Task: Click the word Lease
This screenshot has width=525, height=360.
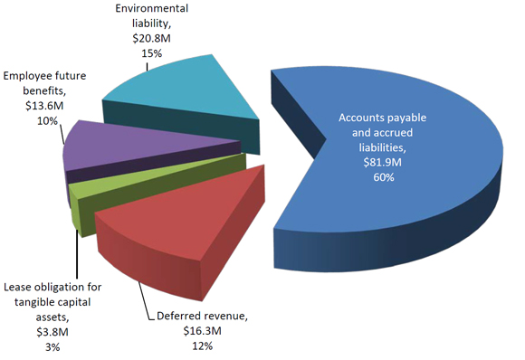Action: click(x=20, y=287)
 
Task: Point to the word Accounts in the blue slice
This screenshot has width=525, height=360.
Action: click(x=363, y=118)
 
